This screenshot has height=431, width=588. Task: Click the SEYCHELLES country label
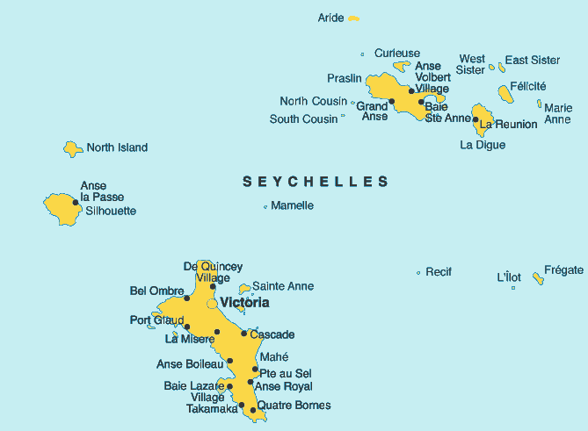click(316, 182)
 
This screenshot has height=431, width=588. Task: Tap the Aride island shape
click(353, 18)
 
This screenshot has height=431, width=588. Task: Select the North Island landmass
click(73, 149)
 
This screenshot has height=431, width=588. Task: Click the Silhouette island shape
click(62, 209)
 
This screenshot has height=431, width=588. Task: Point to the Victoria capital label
click(245, 303)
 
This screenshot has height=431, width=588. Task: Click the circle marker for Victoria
click(212, 304)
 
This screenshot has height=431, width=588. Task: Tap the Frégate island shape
click(538, 278)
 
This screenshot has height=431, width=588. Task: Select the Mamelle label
click(292, 205)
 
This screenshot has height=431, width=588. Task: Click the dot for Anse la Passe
click(76, 203)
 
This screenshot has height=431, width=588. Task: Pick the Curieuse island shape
click(401, 65)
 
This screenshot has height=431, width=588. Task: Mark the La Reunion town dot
click(475, 119)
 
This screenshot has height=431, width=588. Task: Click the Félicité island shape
click(504, 93)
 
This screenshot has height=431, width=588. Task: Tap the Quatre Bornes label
click(294, 406)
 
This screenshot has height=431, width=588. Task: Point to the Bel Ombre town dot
click(186, 298)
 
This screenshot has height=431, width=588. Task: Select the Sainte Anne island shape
click(243, 288)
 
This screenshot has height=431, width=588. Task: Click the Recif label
click(438, 272)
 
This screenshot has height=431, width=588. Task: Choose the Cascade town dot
click(243, 334)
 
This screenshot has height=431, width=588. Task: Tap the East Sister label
click(533, 60)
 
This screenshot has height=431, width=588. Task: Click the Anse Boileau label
click(189, 364)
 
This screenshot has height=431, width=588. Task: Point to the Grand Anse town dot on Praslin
click(392, 101)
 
